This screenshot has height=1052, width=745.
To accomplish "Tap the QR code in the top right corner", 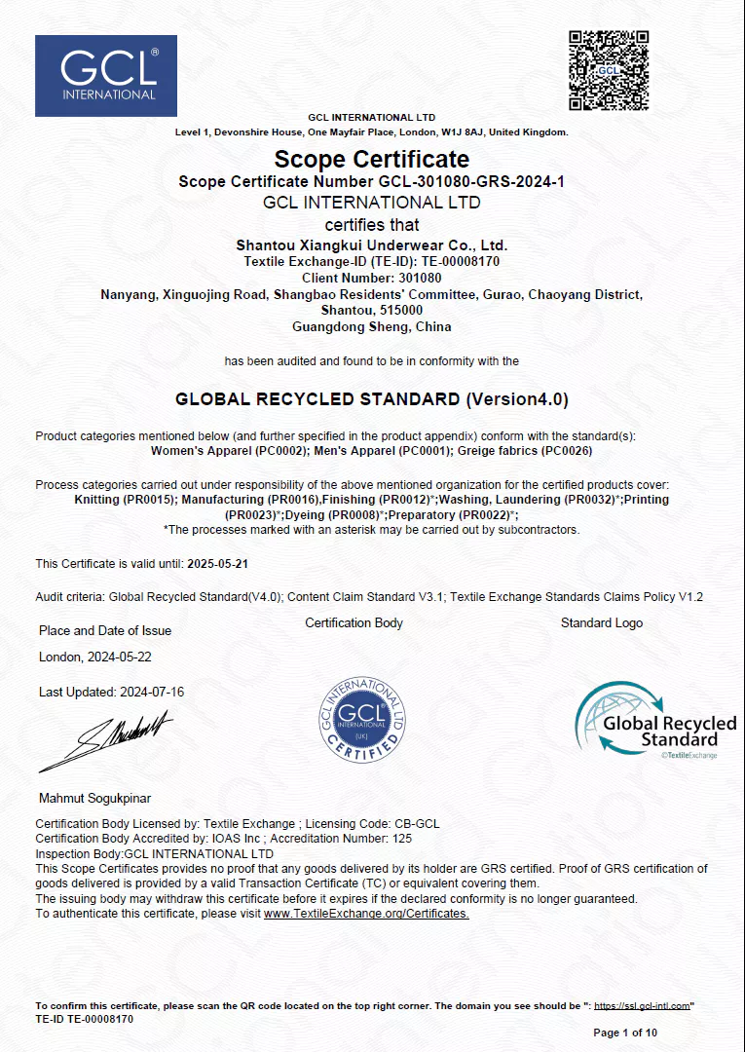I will coord(609,70).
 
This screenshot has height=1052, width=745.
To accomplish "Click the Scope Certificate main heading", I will coord(372,159).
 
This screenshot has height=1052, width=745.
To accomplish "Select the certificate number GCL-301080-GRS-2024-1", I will coord(470,182).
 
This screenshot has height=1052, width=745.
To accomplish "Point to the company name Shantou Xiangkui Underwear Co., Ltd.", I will coord(372,245).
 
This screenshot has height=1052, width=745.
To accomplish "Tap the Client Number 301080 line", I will coord(372,278).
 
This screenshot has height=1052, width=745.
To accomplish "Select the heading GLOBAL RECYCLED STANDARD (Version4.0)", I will coord(372,399).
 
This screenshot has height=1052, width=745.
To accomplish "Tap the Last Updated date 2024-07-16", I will coord(152,693).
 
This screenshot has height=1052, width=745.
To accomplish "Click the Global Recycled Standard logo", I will coord(655,722).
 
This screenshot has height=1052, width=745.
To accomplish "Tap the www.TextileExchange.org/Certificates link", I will coord(366,914).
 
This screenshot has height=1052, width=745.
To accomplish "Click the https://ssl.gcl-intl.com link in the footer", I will coord(642,1005).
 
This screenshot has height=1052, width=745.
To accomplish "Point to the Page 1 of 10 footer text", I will coord(625,1033).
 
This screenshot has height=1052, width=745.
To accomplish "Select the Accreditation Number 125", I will coord(402,838).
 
